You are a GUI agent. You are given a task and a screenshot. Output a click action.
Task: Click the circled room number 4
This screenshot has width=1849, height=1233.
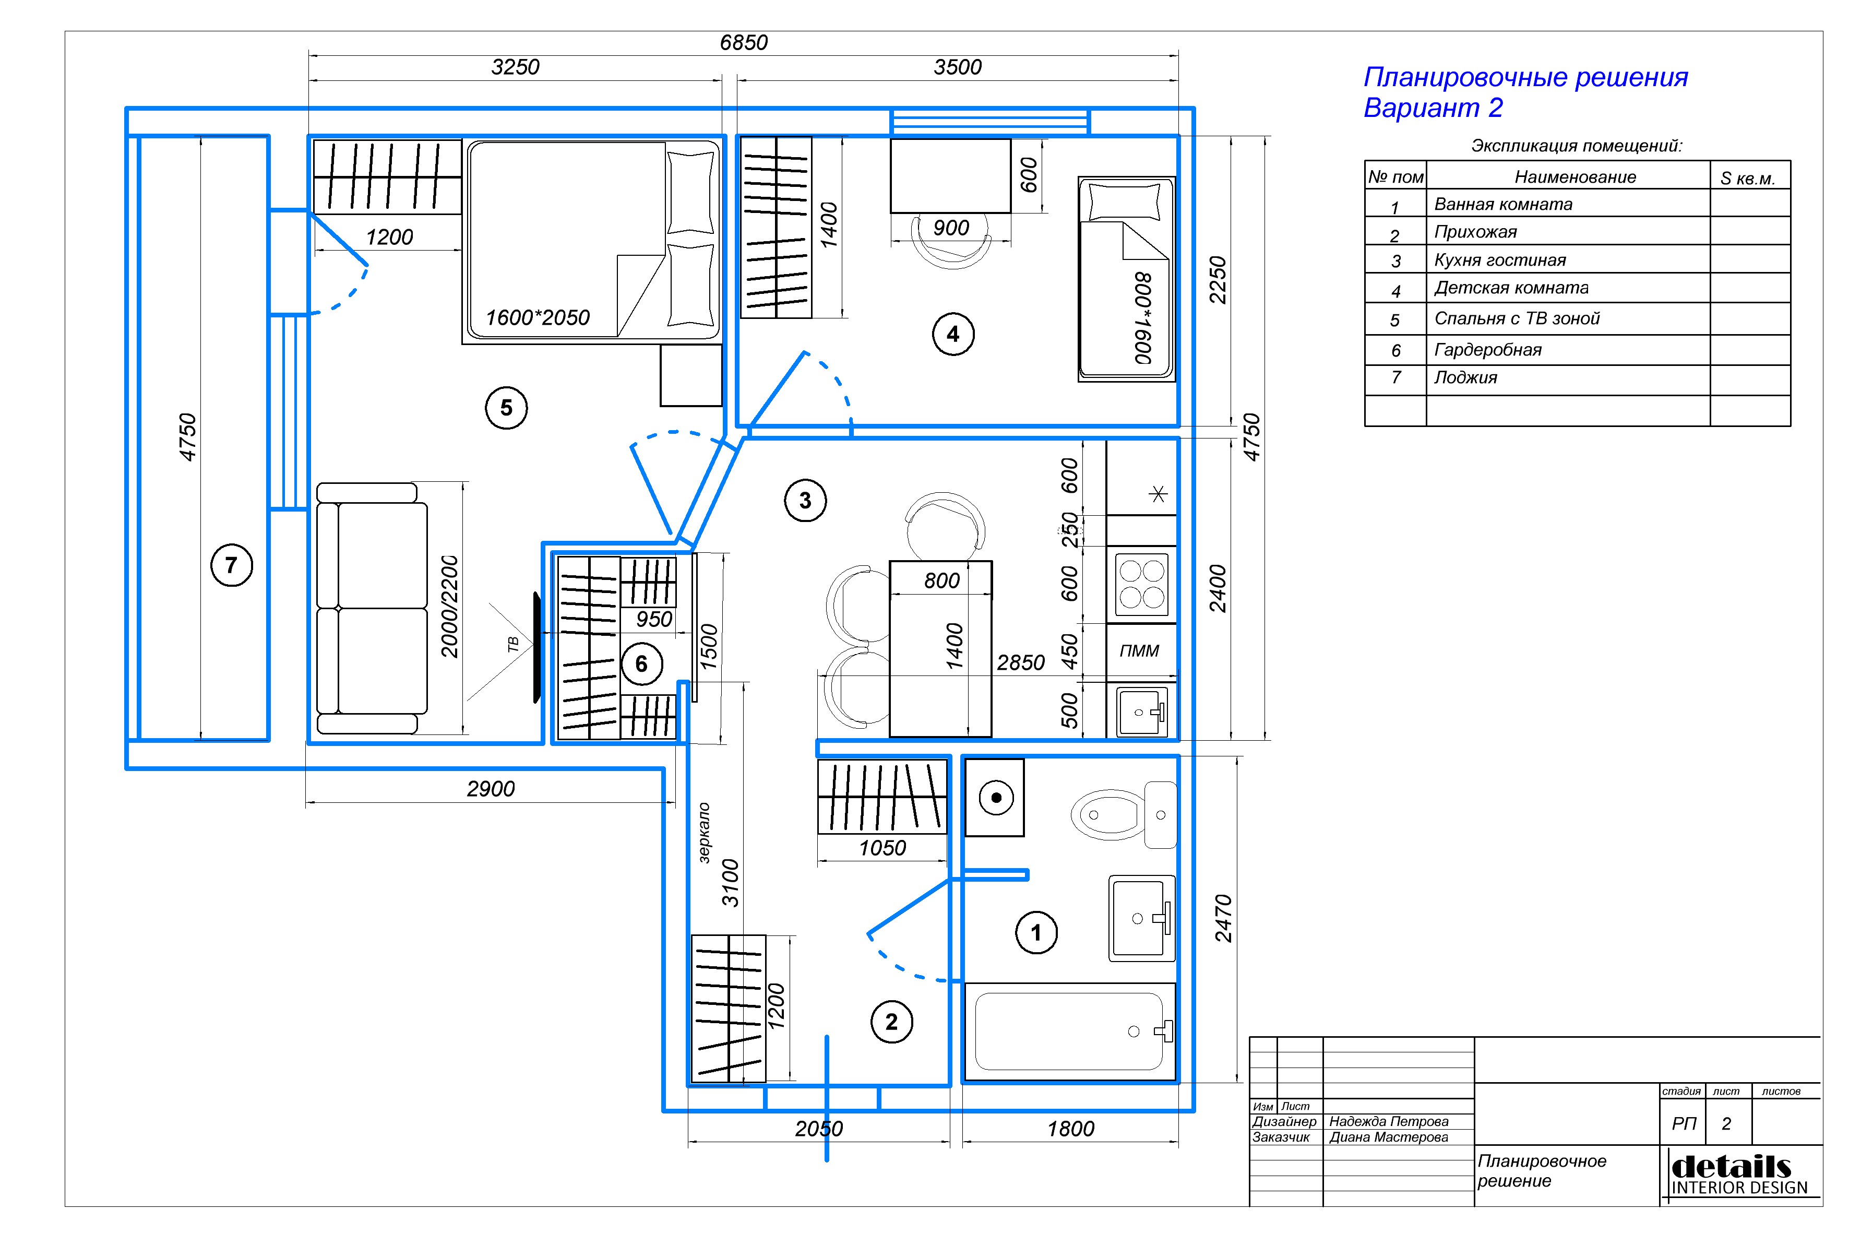[953, 334]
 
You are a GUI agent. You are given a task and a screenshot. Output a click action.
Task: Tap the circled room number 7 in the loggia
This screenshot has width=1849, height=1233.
[231, 565]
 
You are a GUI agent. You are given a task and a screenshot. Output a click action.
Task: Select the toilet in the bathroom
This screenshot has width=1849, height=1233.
[1124, 815]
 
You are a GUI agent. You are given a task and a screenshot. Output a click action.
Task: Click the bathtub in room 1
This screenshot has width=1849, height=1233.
[1069, 1032]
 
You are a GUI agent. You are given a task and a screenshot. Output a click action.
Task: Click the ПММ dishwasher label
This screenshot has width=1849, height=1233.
[1139, 650]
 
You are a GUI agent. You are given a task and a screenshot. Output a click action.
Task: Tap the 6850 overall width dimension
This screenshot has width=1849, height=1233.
[744, 42]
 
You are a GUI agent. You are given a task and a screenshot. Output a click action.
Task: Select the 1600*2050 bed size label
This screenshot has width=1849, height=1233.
[538, 318]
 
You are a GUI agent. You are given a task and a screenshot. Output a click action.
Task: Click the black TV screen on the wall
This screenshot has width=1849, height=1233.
[537, 647]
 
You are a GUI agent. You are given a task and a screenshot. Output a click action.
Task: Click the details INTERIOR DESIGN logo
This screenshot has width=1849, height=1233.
[1739, 1175]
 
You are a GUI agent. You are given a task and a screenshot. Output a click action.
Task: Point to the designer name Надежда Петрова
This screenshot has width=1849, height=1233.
[1388, 1121]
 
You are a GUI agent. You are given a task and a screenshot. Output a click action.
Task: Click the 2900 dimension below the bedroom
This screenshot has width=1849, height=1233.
[491, 789]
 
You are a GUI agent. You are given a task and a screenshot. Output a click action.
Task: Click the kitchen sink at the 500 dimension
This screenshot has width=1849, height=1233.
[1141, 711]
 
